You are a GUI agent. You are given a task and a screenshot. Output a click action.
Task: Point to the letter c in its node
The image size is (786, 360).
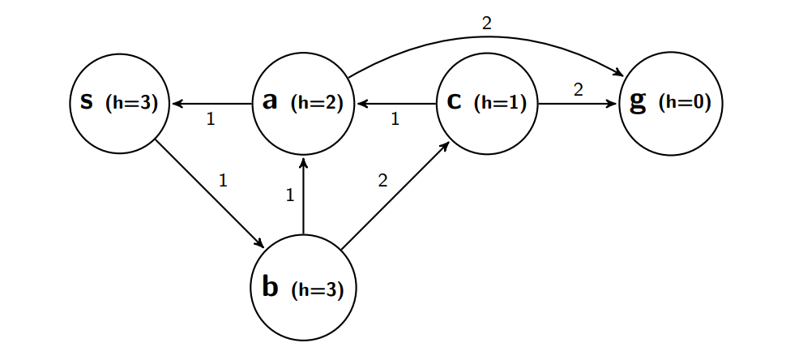455,102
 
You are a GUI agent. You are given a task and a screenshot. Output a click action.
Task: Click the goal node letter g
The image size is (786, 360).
639,103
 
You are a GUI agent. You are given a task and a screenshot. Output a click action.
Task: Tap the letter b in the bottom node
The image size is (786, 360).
270,286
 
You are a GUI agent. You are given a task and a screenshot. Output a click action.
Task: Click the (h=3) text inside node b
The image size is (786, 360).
317,289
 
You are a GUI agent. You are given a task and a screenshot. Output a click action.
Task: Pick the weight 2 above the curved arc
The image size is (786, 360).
486,24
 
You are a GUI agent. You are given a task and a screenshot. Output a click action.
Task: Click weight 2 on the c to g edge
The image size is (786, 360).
578,90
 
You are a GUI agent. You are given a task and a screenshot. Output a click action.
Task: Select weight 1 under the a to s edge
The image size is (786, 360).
211,120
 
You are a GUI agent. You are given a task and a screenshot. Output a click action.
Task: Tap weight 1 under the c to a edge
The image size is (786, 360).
395,120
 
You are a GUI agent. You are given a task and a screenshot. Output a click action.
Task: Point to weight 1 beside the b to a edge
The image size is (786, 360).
289,195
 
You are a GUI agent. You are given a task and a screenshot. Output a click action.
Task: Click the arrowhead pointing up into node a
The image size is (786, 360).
303,163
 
